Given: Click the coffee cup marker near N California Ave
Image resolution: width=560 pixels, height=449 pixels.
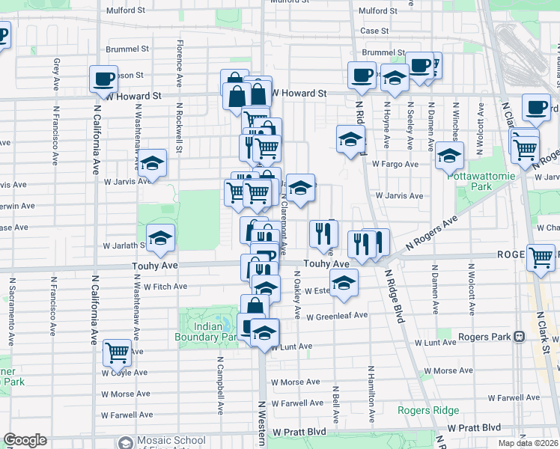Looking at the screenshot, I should pos(103,78).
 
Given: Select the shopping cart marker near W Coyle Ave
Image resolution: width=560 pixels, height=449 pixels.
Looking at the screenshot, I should pos(118,351).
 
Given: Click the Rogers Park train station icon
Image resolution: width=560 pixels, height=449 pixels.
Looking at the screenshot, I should pos(518,337).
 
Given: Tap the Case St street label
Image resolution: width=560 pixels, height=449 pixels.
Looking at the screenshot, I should pos(374,31).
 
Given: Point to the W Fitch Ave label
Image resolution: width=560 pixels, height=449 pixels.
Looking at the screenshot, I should pos(165,287).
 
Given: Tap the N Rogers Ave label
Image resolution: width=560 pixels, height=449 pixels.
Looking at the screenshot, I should pos(431,233).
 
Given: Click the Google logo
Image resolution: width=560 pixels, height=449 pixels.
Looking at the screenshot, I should pos(25,440).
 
